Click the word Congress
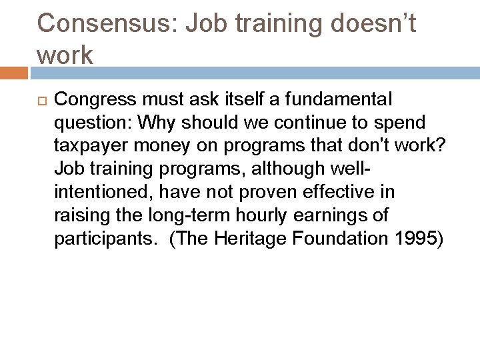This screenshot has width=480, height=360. [x=95, y=100]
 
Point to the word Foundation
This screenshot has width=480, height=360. [x=339, y=238]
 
